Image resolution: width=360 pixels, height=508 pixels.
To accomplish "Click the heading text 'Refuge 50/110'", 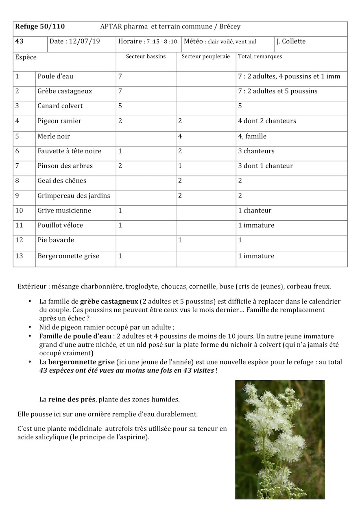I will click(40, 27).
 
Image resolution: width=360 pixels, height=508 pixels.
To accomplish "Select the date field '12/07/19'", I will click(87, 41).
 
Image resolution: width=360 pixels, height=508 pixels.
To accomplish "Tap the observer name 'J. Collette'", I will click(291, 41).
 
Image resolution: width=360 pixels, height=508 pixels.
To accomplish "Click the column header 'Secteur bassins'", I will click(146, 56).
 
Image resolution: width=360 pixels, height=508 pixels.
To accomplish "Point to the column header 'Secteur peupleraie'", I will click(206, 56).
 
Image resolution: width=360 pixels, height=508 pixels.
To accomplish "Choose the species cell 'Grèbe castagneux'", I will click(65, 91).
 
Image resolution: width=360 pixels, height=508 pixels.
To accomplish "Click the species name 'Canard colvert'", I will click(60, 106).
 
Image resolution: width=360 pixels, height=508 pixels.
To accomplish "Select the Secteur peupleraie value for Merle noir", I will click(180, 136).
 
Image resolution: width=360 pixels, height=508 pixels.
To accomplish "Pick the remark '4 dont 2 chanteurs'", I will click(267, 121).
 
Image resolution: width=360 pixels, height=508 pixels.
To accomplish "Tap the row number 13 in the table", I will click(19, 256).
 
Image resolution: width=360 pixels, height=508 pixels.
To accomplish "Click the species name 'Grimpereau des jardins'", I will click(74, 196).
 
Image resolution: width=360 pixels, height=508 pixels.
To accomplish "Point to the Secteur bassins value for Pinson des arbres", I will click(120, 166).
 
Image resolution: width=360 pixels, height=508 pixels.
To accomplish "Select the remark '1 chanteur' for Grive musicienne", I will click(255, 211).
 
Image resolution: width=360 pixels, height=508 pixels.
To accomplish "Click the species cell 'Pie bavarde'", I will click(56, 240).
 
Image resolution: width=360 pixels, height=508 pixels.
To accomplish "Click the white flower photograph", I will click(280, 439).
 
